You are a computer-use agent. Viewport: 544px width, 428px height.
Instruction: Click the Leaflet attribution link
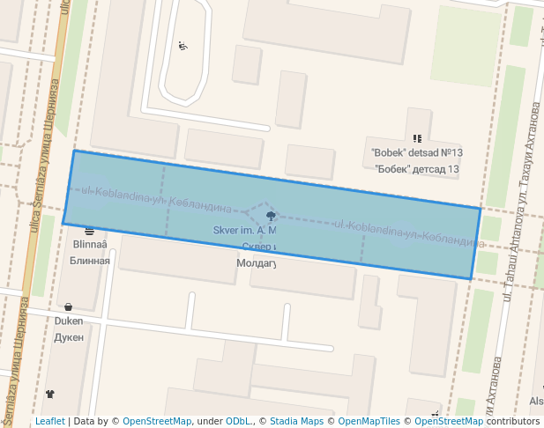[x=49, y=422]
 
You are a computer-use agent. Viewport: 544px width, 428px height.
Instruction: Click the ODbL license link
[x=237, y=422]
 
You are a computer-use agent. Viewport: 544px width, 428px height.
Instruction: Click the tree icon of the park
[x=271, y=216]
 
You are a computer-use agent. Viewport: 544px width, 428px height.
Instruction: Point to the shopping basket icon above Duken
[x=68, y=308]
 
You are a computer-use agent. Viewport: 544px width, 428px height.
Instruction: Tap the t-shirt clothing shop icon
[x=49, y=395]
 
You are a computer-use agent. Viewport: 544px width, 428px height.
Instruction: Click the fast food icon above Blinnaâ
[x=89, y=231]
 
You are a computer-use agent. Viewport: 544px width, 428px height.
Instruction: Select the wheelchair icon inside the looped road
[x=183, y=47]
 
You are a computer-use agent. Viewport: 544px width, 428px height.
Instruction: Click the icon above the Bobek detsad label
[x=417, y=138]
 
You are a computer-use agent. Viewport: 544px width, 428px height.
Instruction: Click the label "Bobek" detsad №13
[x=417, y=153]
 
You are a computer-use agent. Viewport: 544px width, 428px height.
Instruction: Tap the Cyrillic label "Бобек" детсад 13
[x=417, y=168]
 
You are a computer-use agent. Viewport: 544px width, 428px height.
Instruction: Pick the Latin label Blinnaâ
[x=90, y=245]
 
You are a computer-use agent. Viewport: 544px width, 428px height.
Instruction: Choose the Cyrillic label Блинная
[x=90, y=261]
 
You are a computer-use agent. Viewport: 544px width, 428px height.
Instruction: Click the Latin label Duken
[x=68, y=322]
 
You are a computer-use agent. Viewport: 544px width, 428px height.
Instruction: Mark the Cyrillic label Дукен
[x=68, y=337]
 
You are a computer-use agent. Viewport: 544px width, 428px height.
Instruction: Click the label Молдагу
[x=257, y=263]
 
